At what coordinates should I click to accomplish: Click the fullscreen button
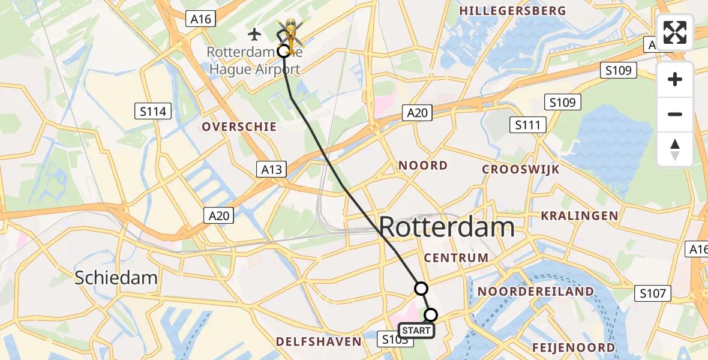(675, 32)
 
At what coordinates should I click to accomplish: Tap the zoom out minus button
(675, 114)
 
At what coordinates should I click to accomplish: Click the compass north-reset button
(675, 149)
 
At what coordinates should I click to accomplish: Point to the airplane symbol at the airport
(255, 34)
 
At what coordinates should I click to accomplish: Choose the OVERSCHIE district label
(239, 127)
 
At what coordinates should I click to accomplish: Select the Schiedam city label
(116, 277)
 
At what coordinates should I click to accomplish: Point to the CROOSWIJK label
(521, 169)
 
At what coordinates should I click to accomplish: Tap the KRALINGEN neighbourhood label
(579, 215)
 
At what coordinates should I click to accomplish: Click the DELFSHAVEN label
(319, 342)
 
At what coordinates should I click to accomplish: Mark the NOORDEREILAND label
(536, 292)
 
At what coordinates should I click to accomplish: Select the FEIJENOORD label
(573, 347)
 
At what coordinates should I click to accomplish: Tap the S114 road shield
(154, 111)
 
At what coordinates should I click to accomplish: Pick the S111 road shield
(527, 125)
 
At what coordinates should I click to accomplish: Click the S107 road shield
(653, 293)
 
